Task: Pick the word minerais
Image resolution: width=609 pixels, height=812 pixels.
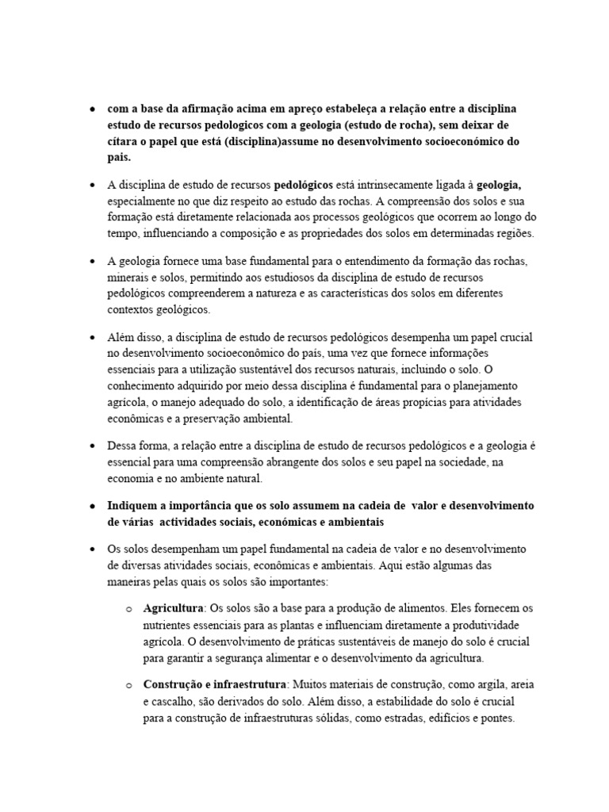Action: click(x=127, y=278)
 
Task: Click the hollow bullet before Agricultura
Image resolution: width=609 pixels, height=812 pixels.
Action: click(x=128, y=609)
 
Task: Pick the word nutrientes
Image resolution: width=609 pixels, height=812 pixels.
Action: click(x=169, y=626)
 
